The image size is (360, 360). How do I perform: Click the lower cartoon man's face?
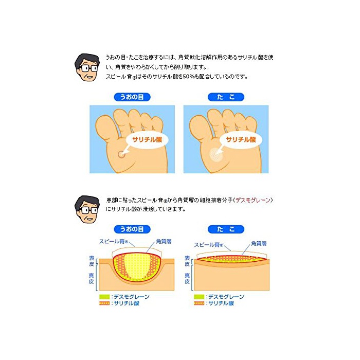pos(87,209)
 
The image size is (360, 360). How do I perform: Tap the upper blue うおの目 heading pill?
pos(132,97)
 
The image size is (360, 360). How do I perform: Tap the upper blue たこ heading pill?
pos(226,97)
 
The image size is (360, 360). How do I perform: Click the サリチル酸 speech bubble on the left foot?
pos(147,139)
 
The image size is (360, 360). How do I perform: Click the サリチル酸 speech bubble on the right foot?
pos(241,139)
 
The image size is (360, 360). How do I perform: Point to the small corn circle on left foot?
pos(121,154)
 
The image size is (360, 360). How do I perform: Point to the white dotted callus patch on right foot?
pos(215,154)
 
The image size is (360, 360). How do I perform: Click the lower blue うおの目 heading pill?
pos(132,229)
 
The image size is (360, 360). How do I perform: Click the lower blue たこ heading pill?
pos(226,229)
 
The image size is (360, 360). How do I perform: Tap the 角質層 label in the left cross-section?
pos(164,241)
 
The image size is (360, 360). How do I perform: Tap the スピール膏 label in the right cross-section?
pos(208,245)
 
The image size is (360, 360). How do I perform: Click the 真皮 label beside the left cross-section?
pos(92,278)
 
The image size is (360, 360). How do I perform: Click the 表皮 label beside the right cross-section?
pos(187,261)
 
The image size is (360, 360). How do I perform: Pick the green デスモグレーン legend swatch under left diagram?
pos(104,297)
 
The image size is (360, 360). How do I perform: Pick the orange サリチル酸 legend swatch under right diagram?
pos(199,303)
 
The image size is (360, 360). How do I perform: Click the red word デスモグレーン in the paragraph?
pos(253,200)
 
